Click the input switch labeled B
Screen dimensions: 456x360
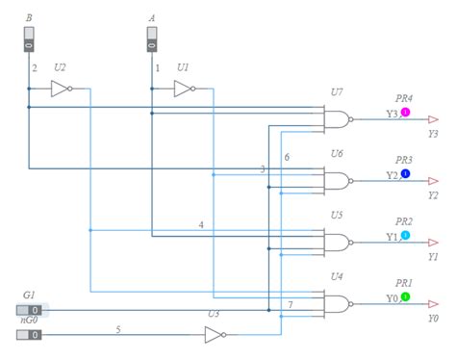point(29,39)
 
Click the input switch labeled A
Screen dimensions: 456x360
point(152,39)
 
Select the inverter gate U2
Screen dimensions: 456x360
point(62,89)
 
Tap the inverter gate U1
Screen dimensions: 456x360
point(185,89)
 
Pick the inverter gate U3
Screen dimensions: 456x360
point(215,335)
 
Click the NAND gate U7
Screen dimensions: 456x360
point(339,119)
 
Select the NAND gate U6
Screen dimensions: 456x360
point(339,181)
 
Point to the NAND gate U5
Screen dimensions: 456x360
point(339,243)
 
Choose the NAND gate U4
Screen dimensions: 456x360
point(339,304)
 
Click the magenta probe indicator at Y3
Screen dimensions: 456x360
point(405,112)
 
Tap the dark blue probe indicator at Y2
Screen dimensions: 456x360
point(405,173)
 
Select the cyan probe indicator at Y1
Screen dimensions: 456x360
point(405,235)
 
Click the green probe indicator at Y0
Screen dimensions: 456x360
point(405,296)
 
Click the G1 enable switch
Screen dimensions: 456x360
point(29,310)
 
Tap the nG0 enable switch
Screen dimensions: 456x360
point(29,335)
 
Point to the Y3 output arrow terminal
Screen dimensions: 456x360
point(433,119)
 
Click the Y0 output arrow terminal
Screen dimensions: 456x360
point(433,304)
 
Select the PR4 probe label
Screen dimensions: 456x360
point(404,98)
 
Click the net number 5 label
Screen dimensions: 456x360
point(118,329)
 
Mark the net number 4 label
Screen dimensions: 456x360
point(201,225)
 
